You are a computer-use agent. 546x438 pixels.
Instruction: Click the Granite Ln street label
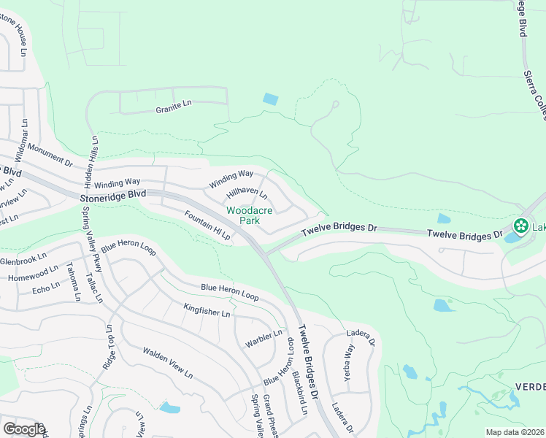173,104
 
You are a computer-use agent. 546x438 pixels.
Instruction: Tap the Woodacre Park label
249,215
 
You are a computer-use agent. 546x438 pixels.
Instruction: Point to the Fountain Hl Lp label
207,226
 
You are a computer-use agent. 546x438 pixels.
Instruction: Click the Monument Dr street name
46,152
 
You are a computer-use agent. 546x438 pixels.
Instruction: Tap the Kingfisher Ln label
207,310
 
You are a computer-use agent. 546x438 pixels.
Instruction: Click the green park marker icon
521,226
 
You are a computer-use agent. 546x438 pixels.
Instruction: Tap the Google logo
23,429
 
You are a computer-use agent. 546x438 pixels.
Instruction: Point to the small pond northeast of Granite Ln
271,99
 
